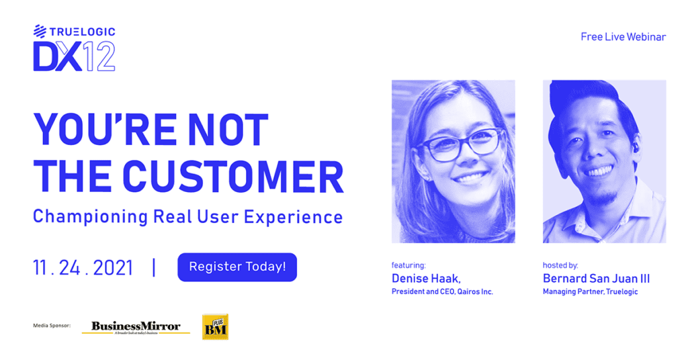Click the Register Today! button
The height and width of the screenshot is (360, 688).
point(237,267)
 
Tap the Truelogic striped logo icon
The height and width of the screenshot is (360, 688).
point(40,31)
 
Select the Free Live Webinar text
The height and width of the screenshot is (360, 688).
point(623,37)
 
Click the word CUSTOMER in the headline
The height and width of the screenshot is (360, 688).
point(233,177)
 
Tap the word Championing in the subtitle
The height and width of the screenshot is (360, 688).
point(91,217)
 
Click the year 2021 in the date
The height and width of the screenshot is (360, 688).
point(113,267)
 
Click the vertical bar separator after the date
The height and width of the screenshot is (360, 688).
point(154,267)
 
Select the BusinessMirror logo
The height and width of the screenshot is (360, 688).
point(136,327)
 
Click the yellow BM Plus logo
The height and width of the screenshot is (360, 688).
point(215,326)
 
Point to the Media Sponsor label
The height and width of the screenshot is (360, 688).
point(52,325)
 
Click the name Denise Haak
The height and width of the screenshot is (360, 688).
point(426,279)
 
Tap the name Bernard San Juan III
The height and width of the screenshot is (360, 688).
point(597,279)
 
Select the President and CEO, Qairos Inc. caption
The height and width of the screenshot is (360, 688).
point(442,291)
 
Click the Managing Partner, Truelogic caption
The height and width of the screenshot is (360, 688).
point(590,291)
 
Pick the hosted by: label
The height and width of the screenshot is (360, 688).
point(560,265)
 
